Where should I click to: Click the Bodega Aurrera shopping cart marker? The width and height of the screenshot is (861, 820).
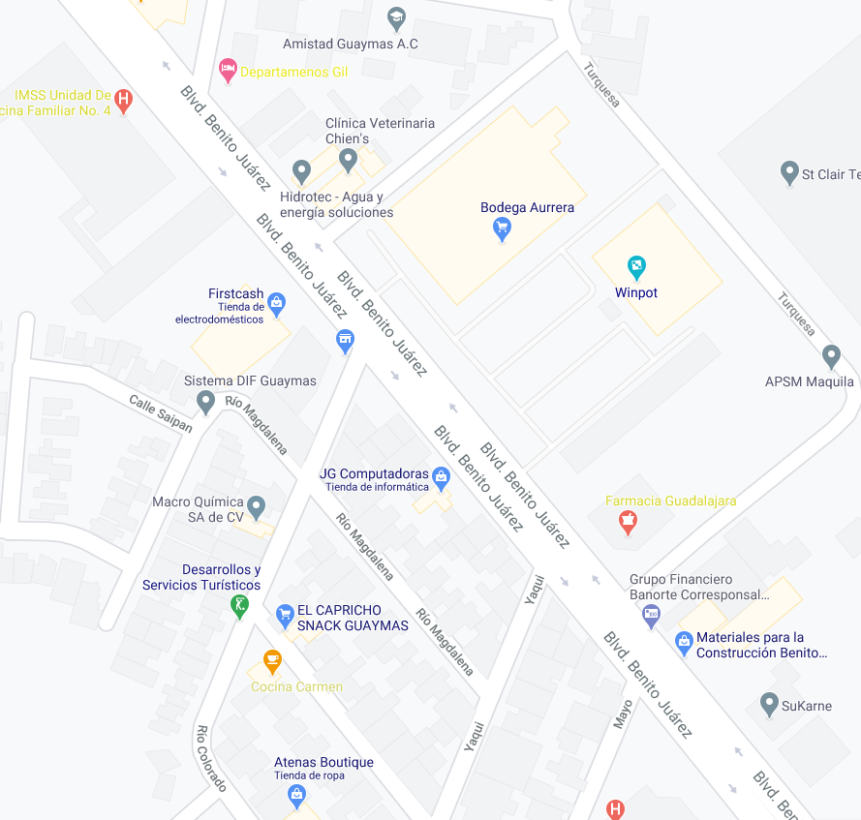coord(502,228)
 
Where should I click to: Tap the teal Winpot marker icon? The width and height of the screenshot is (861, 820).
coord(636,264)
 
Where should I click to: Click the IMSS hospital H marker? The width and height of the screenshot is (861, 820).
coord(123,99)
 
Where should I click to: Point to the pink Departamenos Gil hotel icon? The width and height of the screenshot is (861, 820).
coord(228,70)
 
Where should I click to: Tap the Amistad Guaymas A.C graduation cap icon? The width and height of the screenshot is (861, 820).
coord(395,17)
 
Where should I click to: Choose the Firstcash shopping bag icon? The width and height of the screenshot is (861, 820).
coord(277,302)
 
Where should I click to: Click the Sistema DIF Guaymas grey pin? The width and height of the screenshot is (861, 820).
coord(205,401)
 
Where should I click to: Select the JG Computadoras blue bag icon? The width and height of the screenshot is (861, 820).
coord(442,475)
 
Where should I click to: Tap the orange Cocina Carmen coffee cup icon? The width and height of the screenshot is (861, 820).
coord(272,662)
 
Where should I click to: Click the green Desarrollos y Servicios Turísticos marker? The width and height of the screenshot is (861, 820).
coord(240,606)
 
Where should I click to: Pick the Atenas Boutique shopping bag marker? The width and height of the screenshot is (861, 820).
coord(297,795)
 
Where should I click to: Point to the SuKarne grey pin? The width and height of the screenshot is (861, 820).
coord(769,703)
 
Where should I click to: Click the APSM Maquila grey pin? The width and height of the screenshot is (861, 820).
coord(830,355)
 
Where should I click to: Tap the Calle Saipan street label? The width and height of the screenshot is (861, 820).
coord(161,413)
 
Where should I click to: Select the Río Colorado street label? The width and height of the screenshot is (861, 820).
coord(211,758)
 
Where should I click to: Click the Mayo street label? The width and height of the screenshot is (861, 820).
coord(622,714)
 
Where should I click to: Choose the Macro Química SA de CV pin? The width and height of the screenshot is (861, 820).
coord(256,505)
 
